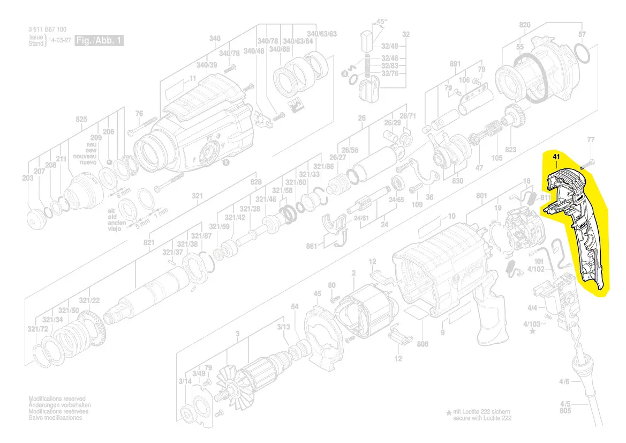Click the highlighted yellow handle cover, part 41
pyautogui.click(x=576, y=225)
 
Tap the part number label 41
pyautogui.click(x=556, y=157)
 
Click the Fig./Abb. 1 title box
pyautogui.click(x=100, y=41)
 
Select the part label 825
pyautogui.click(x=81, y=119)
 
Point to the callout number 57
pyautogui.click(x=582, y=34)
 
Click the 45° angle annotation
pyautogui.click(x=381, y=22)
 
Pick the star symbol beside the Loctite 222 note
pyautogui.click(x=449, y=412)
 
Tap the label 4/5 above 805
pyautogui.click(x=565, y=403)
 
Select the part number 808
pyautogui.click(x=423, y=344)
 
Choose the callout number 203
pyautogui.click(x=28, y=178)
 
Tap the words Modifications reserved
pyautogui.click(x=57, y=398)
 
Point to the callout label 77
pyautogui.click(x=591, y=139)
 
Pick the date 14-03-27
pyautogui.click(x=61, y=40)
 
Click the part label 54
pyautogui.click(x=295, y=306)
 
